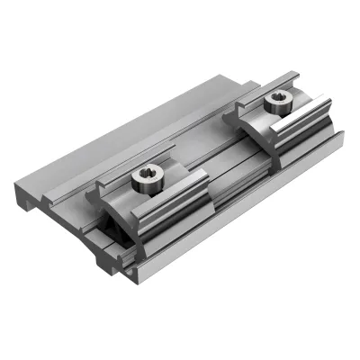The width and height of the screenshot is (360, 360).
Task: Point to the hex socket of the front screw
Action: coord(144,176)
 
